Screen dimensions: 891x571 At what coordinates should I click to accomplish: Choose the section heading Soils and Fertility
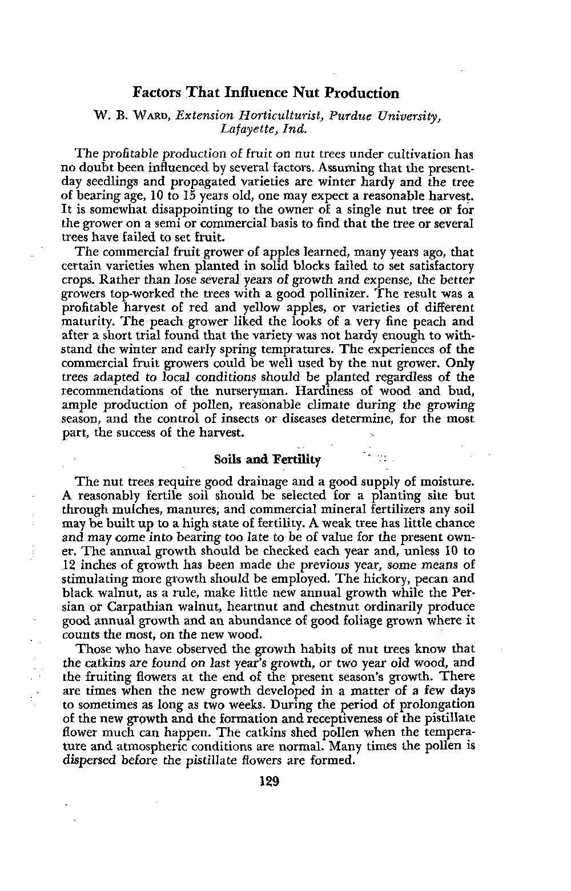point(267,459)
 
